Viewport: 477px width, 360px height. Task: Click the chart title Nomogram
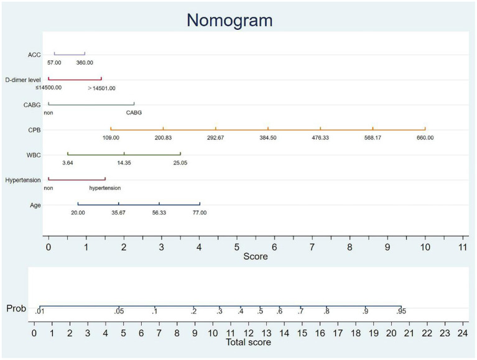tap(229, 20)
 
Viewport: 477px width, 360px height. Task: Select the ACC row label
tap(35, 55)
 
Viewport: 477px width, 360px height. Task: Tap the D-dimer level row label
tap(23, 80)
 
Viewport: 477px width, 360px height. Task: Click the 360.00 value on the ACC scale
tap(85, 63)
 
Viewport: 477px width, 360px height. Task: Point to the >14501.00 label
tap(101, 88)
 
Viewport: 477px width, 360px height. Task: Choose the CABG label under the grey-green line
tap(134, 113)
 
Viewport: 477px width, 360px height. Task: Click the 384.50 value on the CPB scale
tap(268, 137)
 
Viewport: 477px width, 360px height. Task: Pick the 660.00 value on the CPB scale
tap(425, 137)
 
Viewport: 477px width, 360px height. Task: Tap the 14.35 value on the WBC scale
tap(124, 162)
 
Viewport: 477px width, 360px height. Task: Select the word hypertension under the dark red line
tap(104, 188)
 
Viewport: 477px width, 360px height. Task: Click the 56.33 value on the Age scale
tap(159, 213)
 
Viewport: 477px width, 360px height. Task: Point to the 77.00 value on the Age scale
tap(199, 213)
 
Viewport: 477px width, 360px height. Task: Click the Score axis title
tap(255, 256)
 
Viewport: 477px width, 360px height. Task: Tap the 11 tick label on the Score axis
tap(463, 247)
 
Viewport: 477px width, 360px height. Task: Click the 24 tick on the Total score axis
tap(462, 333)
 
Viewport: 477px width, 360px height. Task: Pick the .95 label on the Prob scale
tap(401, 312)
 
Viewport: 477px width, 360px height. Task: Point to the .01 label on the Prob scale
tap(40, 312)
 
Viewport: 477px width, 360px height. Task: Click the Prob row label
tap(16, 308)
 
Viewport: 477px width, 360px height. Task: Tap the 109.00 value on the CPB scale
tap(111, 137)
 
